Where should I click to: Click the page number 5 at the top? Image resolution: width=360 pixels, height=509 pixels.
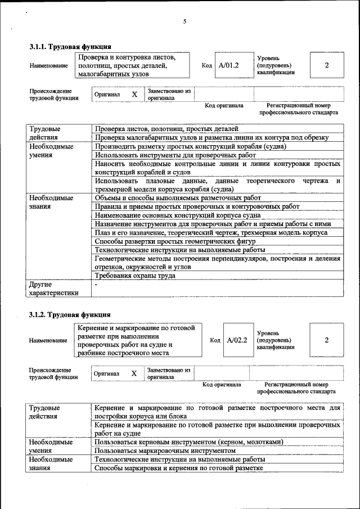(184, 21)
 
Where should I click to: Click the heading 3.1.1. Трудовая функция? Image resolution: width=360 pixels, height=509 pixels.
(70, 47)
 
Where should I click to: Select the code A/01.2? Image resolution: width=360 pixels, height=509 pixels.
(229, 65)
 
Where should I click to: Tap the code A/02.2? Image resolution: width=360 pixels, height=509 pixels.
(237, 340)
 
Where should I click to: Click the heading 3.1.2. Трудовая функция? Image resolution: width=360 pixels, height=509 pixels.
(70, 314)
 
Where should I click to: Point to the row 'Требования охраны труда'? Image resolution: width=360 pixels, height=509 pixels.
(135, 276)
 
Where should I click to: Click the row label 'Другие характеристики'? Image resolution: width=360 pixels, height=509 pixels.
(54, 289)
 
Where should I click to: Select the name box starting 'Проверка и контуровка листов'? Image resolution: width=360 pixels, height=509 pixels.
(133, 65)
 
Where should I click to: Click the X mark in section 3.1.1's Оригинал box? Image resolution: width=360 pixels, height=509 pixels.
(134, 94)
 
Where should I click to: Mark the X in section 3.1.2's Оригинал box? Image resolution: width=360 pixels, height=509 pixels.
(134, 373)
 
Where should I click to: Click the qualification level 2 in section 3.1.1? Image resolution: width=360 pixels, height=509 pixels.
(327, 65)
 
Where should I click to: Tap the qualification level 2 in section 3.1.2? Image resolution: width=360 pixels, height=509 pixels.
(326, 340)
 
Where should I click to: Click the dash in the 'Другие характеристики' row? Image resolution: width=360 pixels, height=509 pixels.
(97, 285)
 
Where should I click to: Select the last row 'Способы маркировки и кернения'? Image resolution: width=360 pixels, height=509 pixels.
(179, 467)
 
